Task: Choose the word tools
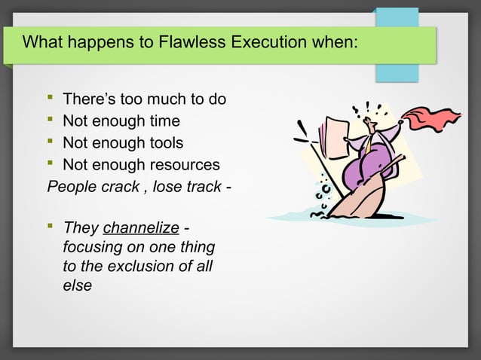point(165,142)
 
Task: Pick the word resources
point(182,164)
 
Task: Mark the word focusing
point(93,247)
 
